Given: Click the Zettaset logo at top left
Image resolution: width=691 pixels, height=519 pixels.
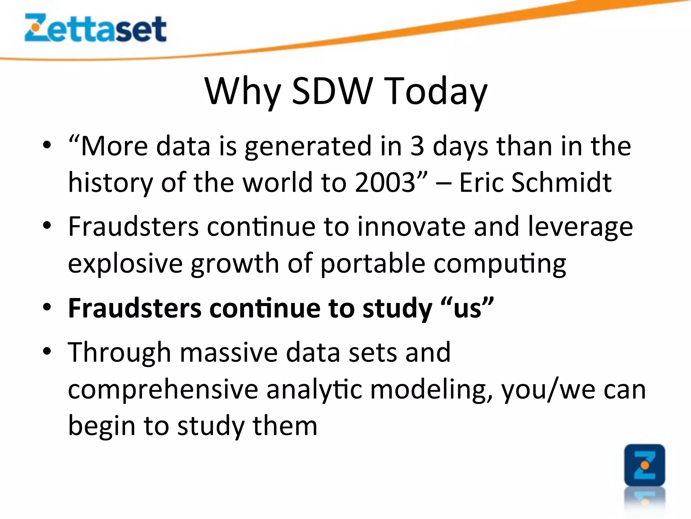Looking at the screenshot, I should tap(95, 28).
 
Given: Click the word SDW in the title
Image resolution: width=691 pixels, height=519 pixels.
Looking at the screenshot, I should tap(332, 91).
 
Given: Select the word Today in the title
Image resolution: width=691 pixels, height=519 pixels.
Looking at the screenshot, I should tap(436, 91).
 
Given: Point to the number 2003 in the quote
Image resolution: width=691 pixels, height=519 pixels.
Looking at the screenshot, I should tap(385, 182).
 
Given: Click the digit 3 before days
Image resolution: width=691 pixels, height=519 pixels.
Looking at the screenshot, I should tap(417, 146).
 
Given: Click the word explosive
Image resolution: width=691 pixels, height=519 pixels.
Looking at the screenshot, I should tap(125, 264).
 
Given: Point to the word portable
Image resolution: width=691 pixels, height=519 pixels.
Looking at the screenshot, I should tap(372, 264).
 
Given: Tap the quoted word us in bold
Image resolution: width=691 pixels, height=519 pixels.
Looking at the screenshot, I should tap(467, 308).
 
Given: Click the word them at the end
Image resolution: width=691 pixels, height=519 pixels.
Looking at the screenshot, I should tap(285, 426).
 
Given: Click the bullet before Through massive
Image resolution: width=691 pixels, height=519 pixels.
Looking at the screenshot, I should tap(47, 351).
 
